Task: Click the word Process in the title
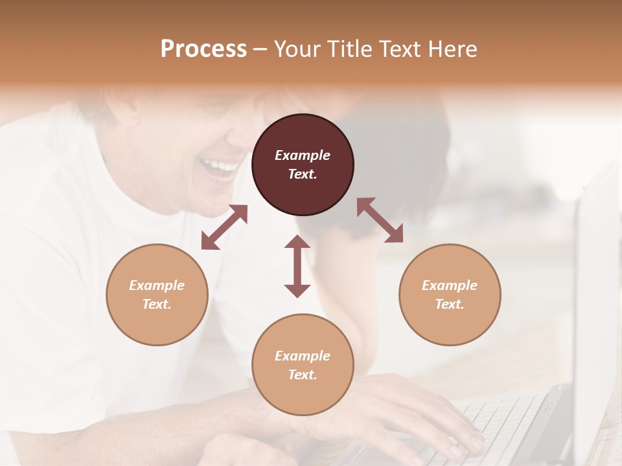pyautogui.click(x=203, y=49)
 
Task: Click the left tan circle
pyautogui.click(x=157, y=294)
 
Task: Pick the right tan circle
pyautogui.click(x=450, y=294)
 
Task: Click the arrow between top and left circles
pyautogui.click(x=224, y=227)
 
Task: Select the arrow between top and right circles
pyautogui.click(x=380, y=220)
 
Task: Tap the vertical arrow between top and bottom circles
pyautogui.click(x=297, y=266)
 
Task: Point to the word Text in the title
pyautogui.click(x=402, y=49)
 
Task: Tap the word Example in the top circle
pyautogui.click(x=303, y=155)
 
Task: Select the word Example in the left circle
pyautogui.click(x=157, y=285)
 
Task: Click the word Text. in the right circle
pyautogui.click(x=450, y=304)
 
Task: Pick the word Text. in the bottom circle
pyautogui.click(x=303, y=375)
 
